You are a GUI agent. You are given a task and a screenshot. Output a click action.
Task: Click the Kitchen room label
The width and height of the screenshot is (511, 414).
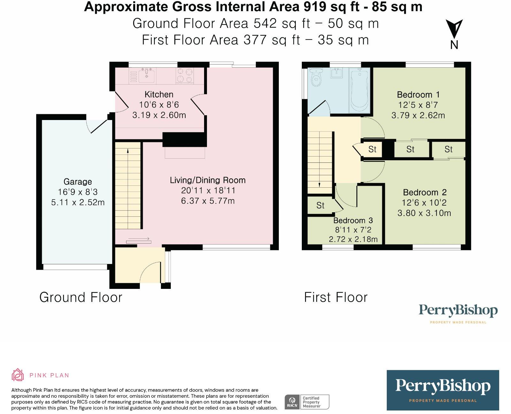159,94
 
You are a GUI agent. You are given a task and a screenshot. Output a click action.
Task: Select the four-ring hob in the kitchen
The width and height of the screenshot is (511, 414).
185,75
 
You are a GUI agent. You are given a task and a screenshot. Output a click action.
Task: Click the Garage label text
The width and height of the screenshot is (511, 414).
78,182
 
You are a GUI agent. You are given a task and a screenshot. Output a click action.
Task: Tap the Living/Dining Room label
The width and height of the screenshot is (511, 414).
208,180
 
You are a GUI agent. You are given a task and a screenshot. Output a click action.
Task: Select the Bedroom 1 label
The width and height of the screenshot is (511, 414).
418,95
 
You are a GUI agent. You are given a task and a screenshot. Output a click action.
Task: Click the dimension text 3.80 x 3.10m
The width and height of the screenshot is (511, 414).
424,213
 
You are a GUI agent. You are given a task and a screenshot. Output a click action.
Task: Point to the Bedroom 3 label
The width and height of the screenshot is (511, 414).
353,220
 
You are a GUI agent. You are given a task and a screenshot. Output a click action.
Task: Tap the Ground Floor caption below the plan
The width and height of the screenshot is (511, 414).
81,297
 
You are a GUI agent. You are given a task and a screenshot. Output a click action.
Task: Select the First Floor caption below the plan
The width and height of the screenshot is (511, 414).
336,297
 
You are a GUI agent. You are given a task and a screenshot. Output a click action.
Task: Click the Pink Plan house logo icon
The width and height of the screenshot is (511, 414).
18,375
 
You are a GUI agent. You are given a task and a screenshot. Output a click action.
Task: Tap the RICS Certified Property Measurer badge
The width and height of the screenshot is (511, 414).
307,402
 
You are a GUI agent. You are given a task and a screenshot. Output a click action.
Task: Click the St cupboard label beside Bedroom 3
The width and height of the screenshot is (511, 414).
320,206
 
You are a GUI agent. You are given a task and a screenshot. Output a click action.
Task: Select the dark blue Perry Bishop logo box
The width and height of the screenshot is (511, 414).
443,390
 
